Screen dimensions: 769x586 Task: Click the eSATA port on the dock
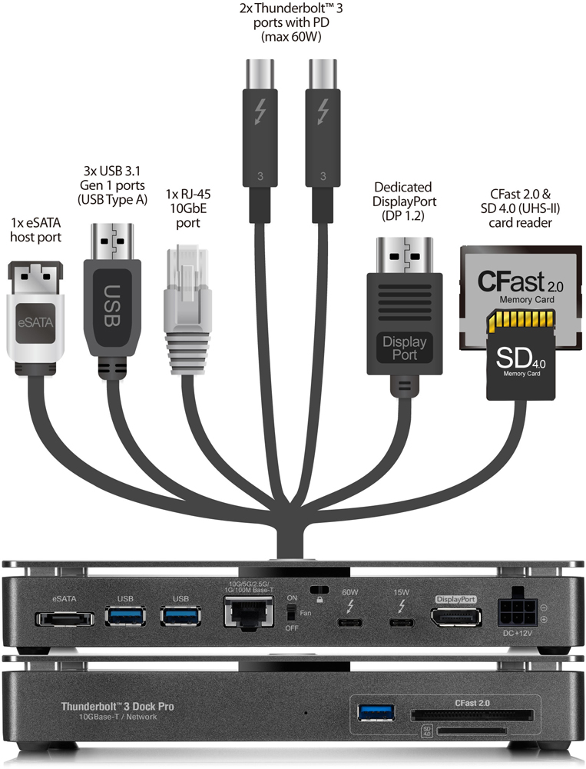coord(64,618)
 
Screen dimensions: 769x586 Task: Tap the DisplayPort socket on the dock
coord(455,618)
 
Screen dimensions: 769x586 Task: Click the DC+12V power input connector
coord(514,614)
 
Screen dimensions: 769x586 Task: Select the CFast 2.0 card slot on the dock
coord(473,715)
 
